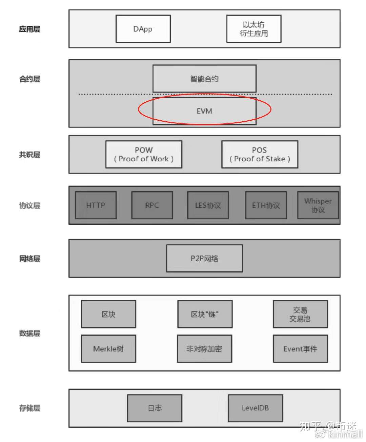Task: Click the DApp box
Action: tap(143, 29)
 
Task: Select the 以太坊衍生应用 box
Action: tap(254, 29)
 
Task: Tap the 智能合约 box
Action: tap(204, 79)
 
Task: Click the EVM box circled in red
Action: tap(204, 111)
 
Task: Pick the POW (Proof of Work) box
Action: tap(144, 154)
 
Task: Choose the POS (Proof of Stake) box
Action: tap(260, 154)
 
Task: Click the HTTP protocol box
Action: tap(96, 205)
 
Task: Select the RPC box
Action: tap(152, 205)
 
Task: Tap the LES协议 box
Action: tap(208, 205)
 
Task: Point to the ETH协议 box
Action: tap(266, 205)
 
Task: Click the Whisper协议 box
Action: tap(318, 205)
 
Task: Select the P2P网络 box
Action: tap(204, 258)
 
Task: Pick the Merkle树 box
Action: tap(108, 348)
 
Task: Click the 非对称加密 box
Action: tap(204, 348)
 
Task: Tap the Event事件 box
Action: tap(300, 348)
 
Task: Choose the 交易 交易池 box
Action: tap(300, 314)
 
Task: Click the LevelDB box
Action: tap(255, 408)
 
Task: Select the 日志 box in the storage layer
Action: tap(155, 408)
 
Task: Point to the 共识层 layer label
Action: tap(29, 155)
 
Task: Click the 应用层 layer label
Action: tap(29, 29)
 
